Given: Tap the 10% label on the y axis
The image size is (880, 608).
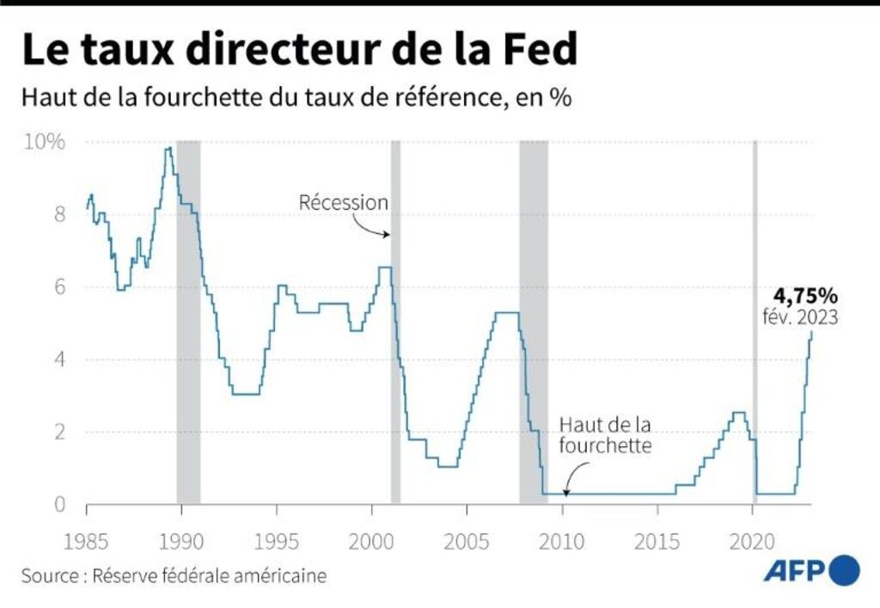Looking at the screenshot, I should (44, 142).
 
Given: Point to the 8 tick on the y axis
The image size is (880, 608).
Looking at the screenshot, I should (60, 214).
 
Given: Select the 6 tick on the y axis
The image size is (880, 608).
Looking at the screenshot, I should (60, 286).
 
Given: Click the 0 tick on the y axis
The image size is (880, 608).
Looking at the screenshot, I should (60, 504).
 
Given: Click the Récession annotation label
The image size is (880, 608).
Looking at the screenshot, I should (344, 203).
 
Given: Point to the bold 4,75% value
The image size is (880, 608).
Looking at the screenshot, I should (800, 297).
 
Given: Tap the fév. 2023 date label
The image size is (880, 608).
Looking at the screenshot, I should (800, 317).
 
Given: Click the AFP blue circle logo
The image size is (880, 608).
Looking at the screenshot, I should (843, 569).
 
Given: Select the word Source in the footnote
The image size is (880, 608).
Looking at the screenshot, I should (48, 575).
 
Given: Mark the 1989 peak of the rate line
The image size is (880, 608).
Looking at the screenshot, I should (168, 149).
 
